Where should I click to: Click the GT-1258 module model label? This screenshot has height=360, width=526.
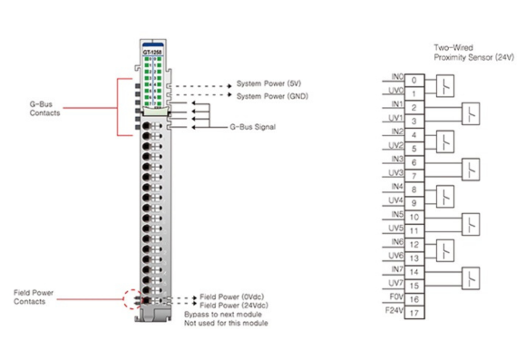click(152, 52)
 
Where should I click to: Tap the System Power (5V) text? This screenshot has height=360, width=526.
click(268, 83)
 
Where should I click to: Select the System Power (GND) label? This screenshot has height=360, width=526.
click(272, 96)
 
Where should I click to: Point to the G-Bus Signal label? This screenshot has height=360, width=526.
click(253, 127)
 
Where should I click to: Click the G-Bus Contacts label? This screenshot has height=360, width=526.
click(44, 109)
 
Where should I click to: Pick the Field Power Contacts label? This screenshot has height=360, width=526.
click(34, 297)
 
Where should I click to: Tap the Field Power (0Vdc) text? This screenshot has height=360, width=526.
click(232, 297)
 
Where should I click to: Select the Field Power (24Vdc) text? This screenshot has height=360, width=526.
click(234, 306)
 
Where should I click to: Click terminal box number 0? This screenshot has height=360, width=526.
click(414, 80)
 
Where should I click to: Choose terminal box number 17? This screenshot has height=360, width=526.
click(414, 313)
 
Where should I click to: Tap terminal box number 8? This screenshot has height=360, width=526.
click(414, 190)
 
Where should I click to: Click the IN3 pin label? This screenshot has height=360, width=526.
click(397, 159)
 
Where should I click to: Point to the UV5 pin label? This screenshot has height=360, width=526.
click(395, 229)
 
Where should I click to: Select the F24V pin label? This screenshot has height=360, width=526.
click(394, 310)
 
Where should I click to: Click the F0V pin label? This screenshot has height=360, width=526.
click(396, 297)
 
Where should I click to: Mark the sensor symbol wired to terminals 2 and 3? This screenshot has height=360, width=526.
click(471, 114)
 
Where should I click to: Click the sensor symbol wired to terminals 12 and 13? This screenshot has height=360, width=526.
click(445, 250)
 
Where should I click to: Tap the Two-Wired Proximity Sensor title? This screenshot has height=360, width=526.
click(473, 53)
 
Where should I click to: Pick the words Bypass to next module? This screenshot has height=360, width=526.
click(223, 315)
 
